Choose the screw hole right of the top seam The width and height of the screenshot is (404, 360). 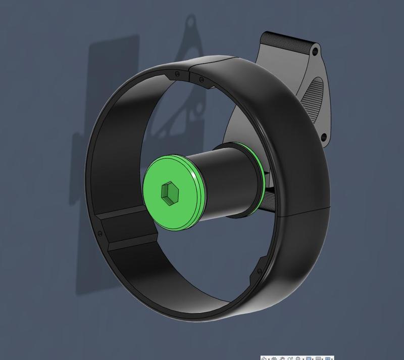[x=201, y=79]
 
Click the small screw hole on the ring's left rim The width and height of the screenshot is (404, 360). [x=99, y=234]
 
